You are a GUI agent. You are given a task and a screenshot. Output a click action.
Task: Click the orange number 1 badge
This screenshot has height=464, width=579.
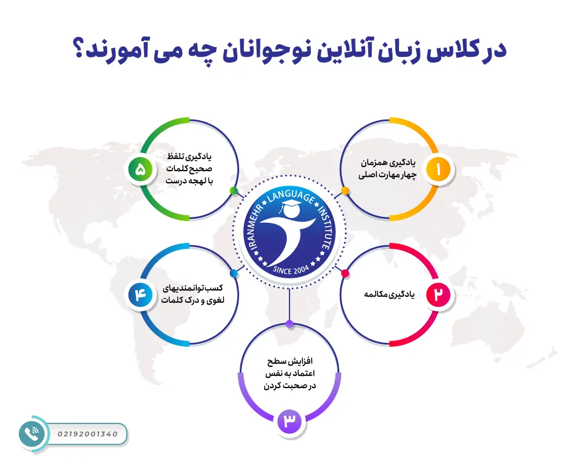(438, 169)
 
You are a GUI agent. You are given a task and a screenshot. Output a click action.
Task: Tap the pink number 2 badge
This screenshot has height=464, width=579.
(438, 295)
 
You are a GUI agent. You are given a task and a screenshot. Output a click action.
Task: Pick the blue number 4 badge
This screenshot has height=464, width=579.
(141, 295)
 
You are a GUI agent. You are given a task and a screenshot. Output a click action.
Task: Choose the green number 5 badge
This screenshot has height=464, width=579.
(141, 169)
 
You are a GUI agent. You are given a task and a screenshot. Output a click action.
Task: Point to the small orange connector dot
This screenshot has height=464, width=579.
(345, 190)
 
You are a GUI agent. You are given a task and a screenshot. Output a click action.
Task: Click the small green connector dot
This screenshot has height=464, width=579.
(233, 190)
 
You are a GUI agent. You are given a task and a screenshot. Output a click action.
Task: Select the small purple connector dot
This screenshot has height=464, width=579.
(289, 323)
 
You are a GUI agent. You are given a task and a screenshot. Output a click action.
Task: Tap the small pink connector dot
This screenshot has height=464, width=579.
(345, 273)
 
